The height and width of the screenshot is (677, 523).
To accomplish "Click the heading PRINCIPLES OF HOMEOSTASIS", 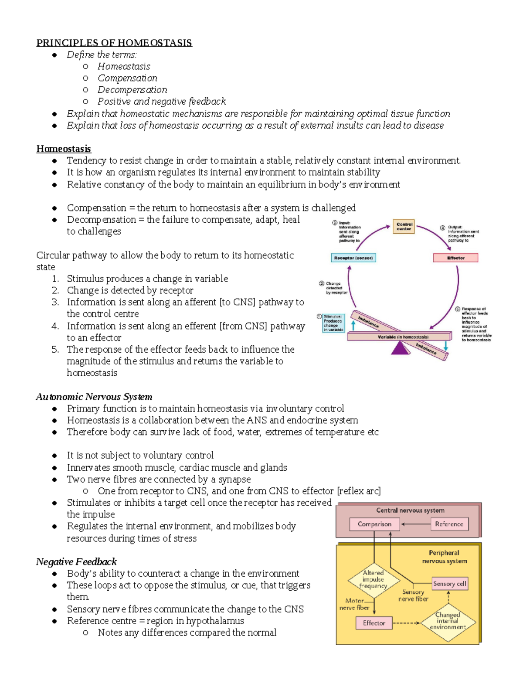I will [x=114, y=43].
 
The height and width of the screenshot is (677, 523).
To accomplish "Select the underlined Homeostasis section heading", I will [x=64, y=149].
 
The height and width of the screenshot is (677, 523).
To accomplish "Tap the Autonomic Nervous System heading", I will [x=94, y=397].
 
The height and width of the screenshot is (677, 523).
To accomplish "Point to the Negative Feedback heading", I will [x=76, y=561].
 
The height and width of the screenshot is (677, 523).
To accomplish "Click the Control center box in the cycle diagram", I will [x=404, y=227].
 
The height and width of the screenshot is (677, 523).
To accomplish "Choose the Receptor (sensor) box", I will [x=353, y=258].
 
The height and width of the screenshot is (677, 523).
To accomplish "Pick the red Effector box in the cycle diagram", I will [x=455, y=258].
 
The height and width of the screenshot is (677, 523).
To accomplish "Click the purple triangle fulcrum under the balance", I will [x=400, y=348].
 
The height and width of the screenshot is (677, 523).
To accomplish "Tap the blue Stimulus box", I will [x=333, y=323].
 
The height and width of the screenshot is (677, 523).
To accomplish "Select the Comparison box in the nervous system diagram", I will [x=374, y=524].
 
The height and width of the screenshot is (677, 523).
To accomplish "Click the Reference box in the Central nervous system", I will [x=449, y=524].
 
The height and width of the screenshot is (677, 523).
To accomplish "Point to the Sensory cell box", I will [x=449, y=583].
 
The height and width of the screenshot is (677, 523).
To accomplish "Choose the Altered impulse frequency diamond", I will [x=374, y=579].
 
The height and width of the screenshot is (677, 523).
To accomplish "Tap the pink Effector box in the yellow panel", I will [x=374, y=623].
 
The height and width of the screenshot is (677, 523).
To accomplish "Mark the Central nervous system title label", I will [x=410, y=510].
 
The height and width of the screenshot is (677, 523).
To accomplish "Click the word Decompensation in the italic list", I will [x=132, y=90].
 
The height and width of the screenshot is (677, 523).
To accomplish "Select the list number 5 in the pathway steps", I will [x=55, y=350].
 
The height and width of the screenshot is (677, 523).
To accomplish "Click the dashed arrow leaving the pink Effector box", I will [x=406, y=623].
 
